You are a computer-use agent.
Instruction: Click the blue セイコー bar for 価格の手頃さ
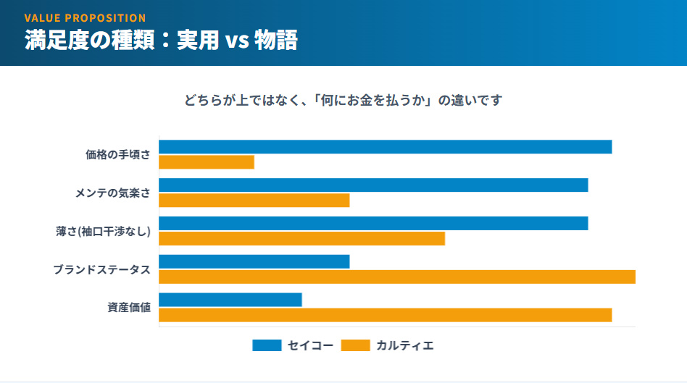pyautogui.click(x=385, y=147)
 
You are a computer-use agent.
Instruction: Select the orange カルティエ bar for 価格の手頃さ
pyautogui.click(x=207, y=162)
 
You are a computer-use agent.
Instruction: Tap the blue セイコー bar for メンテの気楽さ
pyautogui.click(x=373, y=185)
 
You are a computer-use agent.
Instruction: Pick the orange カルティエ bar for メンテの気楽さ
pyautogui.click(x=254, y=201)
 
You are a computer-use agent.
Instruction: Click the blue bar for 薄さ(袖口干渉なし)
pyautogui.click(x=373, y=224)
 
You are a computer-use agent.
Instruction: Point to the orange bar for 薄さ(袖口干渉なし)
pyautogui.click(x=301, y=238)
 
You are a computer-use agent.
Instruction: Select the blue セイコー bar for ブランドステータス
pyautogui.click(x=254, y=261)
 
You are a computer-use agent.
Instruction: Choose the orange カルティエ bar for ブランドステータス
pyautogui.click(x=397, y=277)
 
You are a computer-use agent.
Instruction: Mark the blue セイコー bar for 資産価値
pyautogui.click(x=230, y=300)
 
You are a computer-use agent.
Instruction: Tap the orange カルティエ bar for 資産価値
pyautogui.click(x=385, y=315)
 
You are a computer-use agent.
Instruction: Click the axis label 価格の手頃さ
pyautogui.click(x=117, y=154)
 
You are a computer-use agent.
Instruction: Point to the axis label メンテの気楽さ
pyautogui.click(x=112, y=193)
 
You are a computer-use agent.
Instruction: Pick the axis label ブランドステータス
pyautogui.click(x=101, y=269)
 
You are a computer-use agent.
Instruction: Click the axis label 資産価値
pyautogui.click(x=129, y=308)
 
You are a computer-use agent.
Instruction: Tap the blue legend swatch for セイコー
pyautogui.click(x=267, y=345)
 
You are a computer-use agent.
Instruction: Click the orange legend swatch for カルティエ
pyautogui.click(x=355, y=345)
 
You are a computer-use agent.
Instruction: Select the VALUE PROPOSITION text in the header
pyautogui.click(x=85, y=17)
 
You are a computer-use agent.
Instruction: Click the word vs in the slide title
pyautogui.click(x=237, y=41)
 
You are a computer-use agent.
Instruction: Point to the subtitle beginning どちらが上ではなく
pyautogui.click(x=343, y=101)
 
